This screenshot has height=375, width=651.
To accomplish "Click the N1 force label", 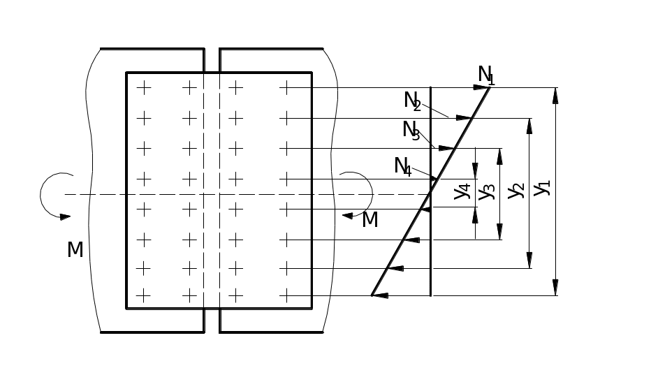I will tap(486, 74).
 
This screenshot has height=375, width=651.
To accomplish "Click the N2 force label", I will tap(412, 101).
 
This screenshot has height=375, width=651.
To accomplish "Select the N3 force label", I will tap(411, 131).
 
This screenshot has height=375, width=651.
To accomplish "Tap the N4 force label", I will tap(403, 167).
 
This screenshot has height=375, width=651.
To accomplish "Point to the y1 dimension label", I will tap(543, 189).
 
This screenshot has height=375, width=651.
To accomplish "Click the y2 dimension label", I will tap(516, 190).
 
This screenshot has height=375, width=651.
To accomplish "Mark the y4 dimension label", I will tap(462, 191).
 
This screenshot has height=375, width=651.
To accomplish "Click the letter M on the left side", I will tap(75, 249).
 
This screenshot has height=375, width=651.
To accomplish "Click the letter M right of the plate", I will tap(370, 220).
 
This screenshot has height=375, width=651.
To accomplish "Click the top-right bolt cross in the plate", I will tap(284, 88).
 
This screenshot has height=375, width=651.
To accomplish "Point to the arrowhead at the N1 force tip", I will tap(479, 87).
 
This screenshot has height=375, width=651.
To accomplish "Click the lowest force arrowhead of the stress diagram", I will tap(380, 296).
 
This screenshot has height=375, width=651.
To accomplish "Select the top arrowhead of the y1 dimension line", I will tap(556, 94).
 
